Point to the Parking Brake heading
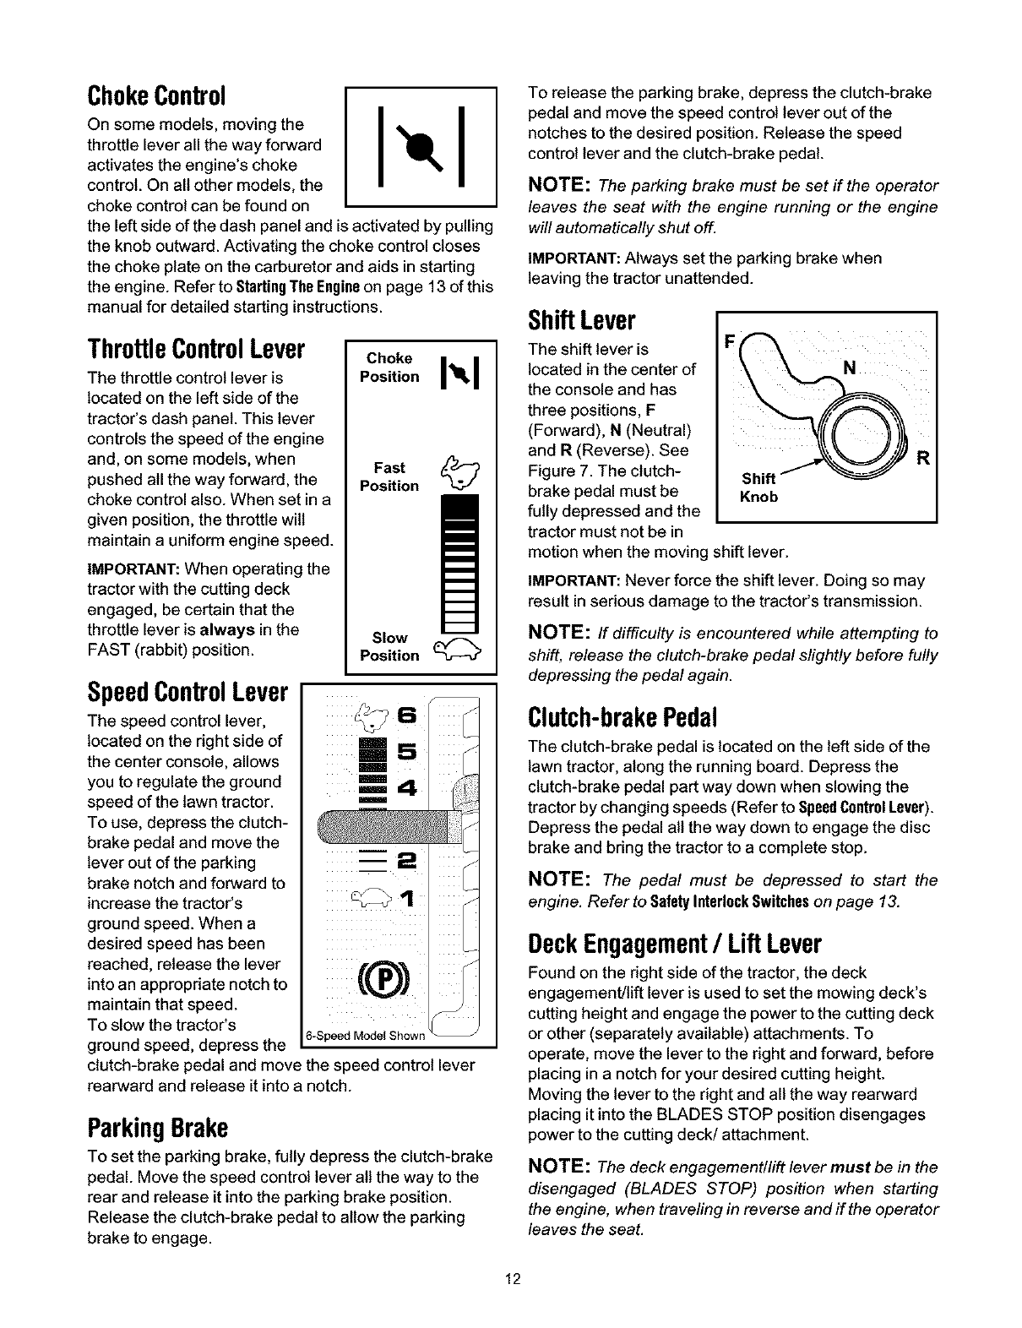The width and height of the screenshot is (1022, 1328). (158, 1128)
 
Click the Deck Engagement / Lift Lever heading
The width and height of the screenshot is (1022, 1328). (674, 943)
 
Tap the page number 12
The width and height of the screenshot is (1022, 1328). (510, 1280)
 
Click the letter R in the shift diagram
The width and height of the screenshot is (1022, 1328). (923, 460)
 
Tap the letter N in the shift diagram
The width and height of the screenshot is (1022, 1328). (851, 367)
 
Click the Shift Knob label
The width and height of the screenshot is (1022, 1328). (758, 487)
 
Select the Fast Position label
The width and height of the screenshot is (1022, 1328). (389, 477)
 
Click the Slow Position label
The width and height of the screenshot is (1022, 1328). (389, 646)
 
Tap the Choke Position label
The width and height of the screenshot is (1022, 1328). (389, 367)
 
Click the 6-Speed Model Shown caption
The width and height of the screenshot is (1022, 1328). (365, 1037)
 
